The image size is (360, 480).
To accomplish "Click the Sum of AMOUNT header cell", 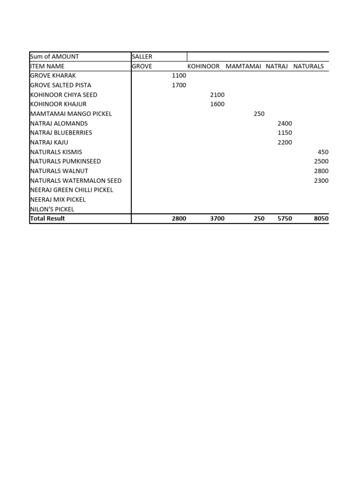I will point(54,57).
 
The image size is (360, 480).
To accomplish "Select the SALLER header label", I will point(142,57).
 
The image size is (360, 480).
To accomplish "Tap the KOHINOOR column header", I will point(203,66).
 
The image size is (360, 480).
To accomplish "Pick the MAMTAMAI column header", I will point(243,66).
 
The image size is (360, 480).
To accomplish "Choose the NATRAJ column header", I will point(277,66).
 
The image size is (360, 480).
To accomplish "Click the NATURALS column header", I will point(308,66).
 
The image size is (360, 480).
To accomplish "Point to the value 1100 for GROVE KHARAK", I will point(179,75).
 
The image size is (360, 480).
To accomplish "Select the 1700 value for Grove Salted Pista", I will point(179,85).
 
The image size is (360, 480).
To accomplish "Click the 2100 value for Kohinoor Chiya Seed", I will point(217,95).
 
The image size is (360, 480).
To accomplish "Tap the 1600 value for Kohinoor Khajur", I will point(217,104).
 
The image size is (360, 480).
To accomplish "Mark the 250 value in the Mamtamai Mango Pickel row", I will point(259,114).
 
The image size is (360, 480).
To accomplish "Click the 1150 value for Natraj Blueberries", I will point(285,133).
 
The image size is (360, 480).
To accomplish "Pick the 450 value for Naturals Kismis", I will point(323,152).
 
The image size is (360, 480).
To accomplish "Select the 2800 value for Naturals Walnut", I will point(321,171).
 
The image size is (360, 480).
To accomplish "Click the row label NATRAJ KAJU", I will point(49,142).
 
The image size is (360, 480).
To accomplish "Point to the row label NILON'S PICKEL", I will point(52,209).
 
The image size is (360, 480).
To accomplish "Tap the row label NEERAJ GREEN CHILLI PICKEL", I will point(71,190).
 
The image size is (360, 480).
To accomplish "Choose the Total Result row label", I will point(47,218).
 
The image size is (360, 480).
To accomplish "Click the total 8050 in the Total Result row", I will point(321,218).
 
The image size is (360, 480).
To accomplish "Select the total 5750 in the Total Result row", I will point(285,218).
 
